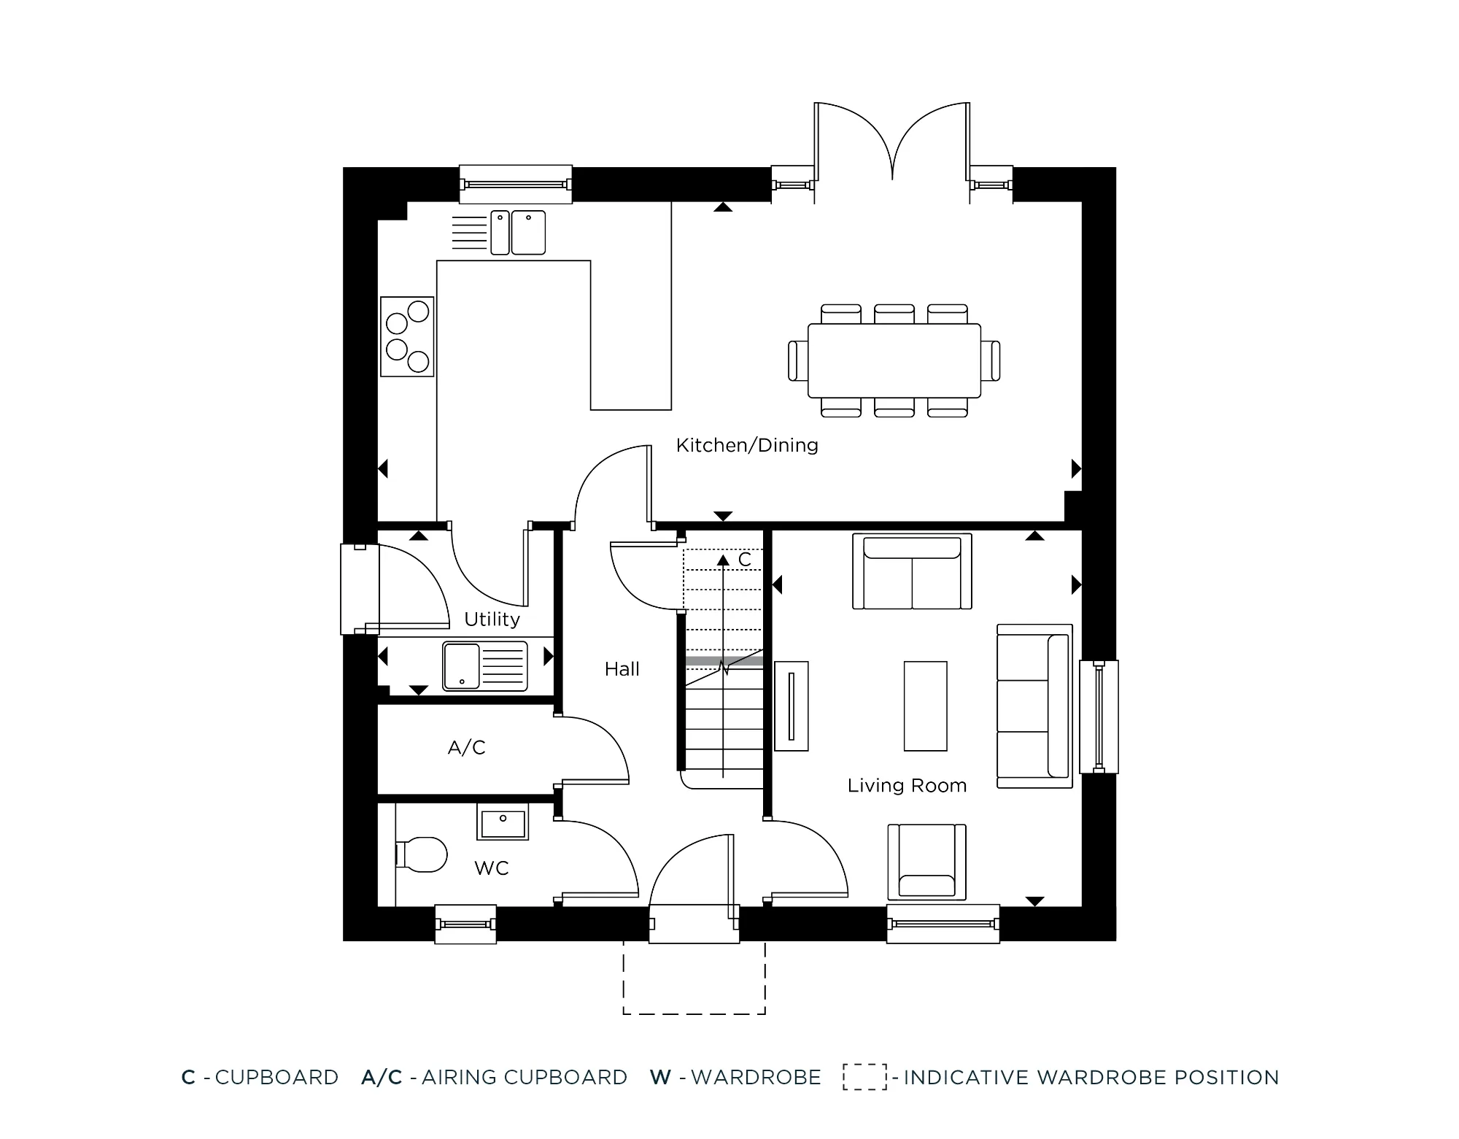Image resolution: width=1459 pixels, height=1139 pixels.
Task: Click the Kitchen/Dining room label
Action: point(747,445)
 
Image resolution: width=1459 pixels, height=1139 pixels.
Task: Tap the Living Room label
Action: point(907,786)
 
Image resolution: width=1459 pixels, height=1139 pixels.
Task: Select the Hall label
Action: point(622,669)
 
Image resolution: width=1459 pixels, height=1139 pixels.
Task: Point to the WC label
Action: point(491,868)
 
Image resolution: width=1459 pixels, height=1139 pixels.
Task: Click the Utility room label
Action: point(492,619)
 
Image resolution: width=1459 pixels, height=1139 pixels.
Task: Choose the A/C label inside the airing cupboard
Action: point(466,748)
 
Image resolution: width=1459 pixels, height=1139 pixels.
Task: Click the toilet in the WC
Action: point(422,854)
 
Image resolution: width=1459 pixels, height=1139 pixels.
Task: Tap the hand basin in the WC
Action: point(503,822)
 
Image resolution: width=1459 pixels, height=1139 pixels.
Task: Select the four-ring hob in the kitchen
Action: point(407,336)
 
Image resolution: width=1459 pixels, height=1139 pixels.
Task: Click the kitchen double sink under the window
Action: point(518,232)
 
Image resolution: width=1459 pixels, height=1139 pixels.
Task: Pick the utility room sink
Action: point(484,665)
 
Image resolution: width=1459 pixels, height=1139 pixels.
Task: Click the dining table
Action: point(894,360)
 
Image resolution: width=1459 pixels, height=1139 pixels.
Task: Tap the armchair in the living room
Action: point(926,862)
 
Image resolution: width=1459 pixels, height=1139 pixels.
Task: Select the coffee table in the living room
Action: point(925,706)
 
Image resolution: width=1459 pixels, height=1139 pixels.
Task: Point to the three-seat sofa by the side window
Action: point(1034,706)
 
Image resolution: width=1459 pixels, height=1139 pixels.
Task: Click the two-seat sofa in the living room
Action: point(912,572)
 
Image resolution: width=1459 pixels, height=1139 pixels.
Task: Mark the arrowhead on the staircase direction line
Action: point(722,560)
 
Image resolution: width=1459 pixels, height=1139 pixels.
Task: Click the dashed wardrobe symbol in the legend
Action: point(864,1077)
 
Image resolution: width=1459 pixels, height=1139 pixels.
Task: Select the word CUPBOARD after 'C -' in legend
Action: point(276,1078)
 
